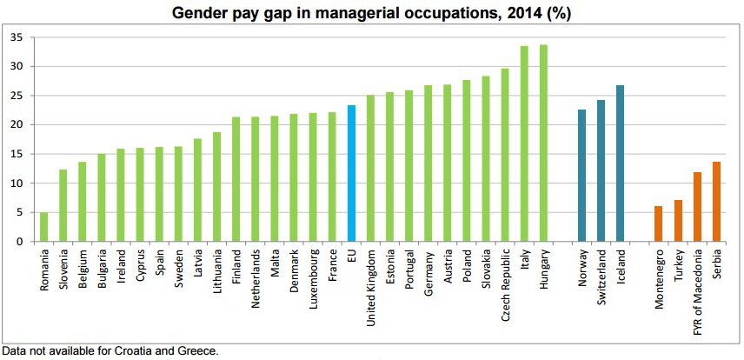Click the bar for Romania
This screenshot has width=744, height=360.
[43, 227]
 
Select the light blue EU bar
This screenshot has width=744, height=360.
[351, 174]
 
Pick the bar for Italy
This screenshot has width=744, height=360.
[524, 144]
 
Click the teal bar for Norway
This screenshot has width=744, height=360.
[581, 176]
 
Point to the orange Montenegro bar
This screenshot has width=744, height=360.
[659, 223]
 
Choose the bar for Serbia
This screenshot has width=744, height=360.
[716, 202]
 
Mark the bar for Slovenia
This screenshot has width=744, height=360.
[63, 205]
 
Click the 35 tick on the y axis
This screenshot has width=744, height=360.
[17, 37]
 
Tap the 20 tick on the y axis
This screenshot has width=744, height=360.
[17, 125]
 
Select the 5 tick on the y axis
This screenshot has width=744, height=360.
[19, 213]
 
